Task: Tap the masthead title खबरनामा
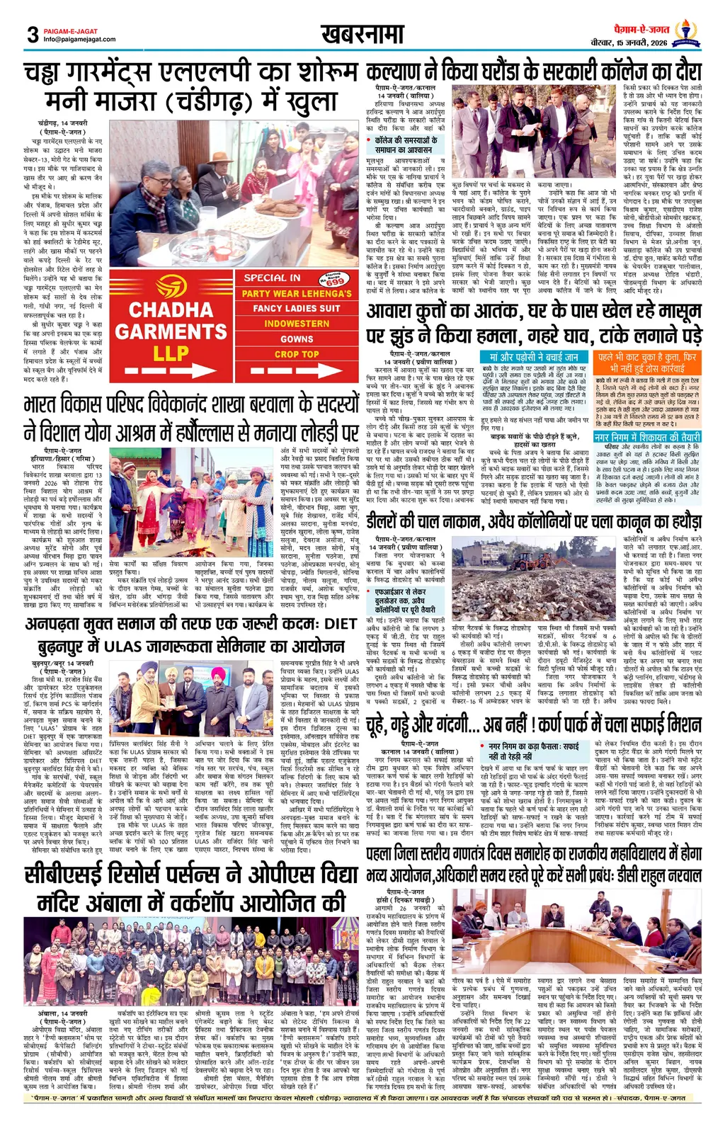pyautogui.click(x=362, y=33)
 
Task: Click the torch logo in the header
pyautogui.click(x=685, y=32)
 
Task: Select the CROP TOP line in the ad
pyautogui.click(x=297, y=354)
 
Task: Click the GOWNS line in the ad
pyautogui.click(x=297, y=339)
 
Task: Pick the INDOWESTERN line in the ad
pyautogui.click(x=297, y=324)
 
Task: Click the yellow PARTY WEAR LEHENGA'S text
pyautogui.click(x=297, y=293)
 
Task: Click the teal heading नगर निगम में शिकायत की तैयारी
pyautogui.click(x=647, y=437)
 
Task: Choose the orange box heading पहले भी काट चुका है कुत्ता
pyautogui.click(x=647, y=363)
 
